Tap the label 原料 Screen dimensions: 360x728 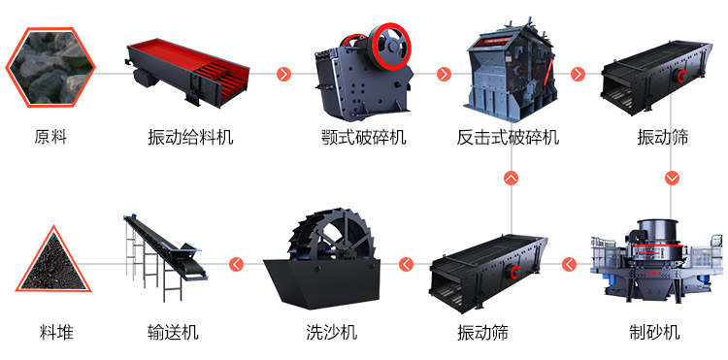tap(50, 137)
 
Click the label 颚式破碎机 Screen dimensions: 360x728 tap(363, 137)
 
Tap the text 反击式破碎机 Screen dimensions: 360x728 tap(508, 137)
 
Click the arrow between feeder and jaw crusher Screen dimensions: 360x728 tap(284, 74)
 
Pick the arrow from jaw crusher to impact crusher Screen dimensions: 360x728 tap(445, 74)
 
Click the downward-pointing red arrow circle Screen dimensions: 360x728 tap(672, 178)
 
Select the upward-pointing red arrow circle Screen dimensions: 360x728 tap(511, 178)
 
